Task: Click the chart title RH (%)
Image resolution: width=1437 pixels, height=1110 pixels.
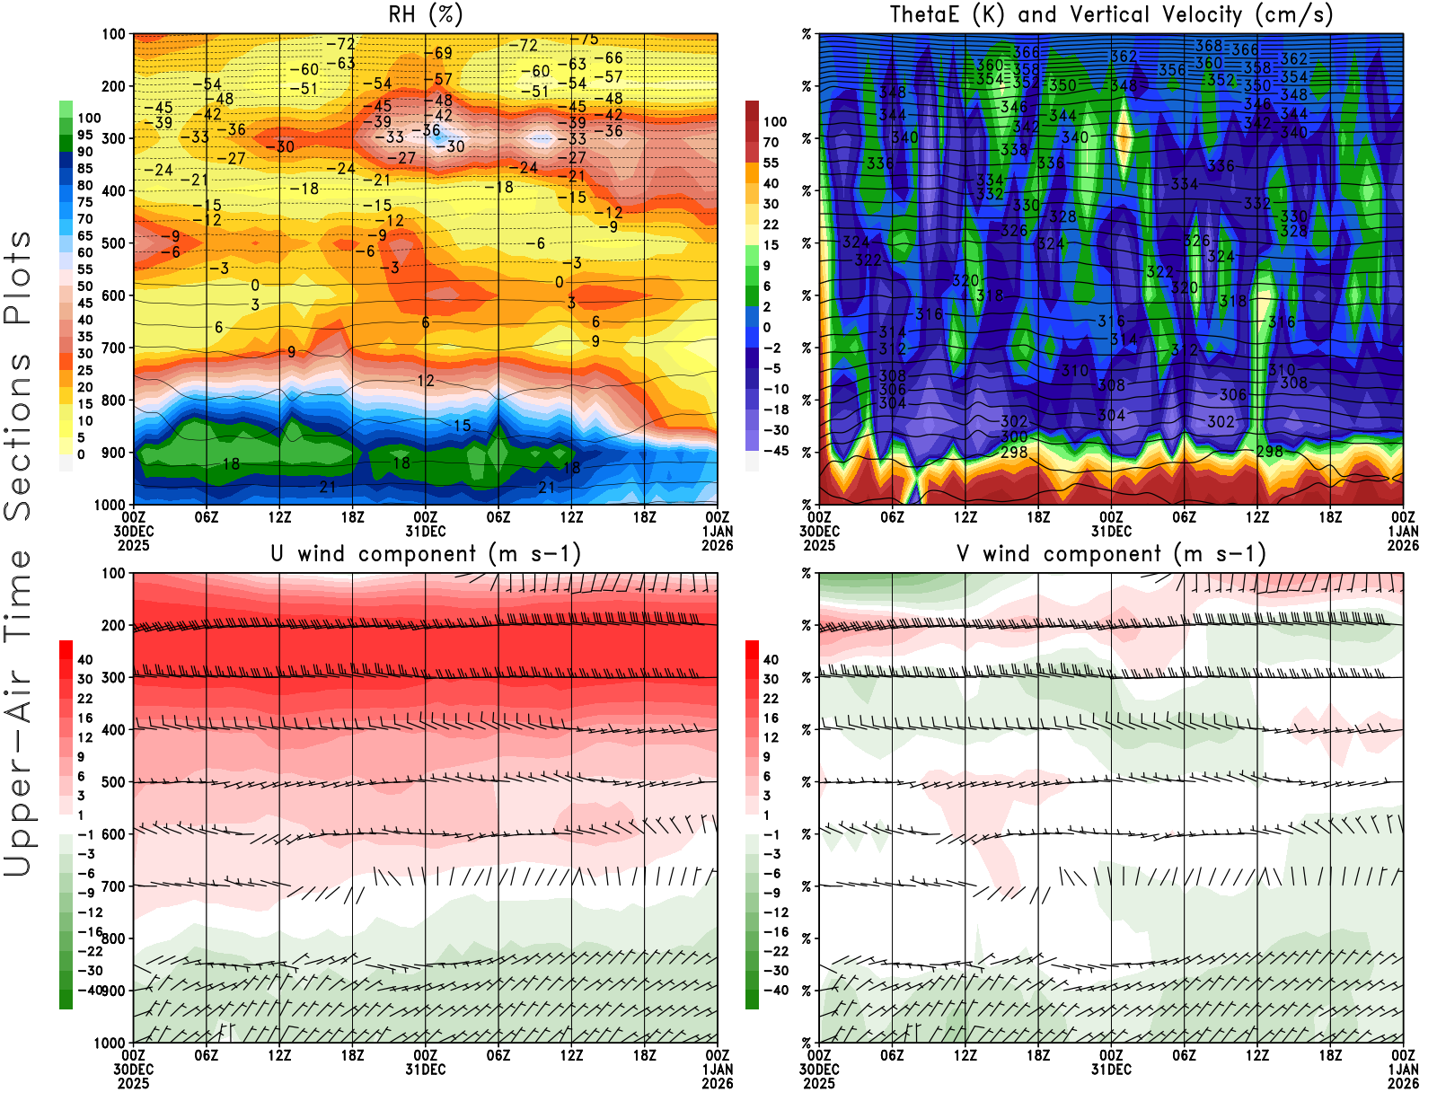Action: (426, 14)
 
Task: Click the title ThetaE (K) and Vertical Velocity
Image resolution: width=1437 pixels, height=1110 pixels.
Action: (1111, 14)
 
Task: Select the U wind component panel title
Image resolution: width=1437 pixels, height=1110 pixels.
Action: (426, 554)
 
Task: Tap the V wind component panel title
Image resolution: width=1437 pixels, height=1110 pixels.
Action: (1111, 554)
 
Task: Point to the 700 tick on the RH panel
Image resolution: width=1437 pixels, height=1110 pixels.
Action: (114, 348)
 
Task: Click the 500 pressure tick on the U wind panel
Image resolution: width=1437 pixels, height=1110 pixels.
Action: (114, 782)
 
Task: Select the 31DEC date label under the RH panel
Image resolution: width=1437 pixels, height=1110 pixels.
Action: (426, 531)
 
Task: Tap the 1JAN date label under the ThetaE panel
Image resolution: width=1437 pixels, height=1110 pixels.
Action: (1404, 531)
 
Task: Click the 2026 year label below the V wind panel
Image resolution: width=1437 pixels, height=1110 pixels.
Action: (1404, 1083)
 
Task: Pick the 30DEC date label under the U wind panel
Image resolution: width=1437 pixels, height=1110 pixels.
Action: (133, 1070)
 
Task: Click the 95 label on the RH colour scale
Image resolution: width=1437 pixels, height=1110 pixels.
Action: (84, 135)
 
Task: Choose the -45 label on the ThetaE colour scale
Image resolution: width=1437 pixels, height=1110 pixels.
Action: (775, 451)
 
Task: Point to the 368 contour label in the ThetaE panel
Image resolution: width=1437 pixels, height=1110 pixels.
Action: (1209, 46)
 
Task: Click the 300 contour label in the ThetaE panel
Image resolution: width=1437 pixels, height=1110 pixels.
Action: (1014, 436)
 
